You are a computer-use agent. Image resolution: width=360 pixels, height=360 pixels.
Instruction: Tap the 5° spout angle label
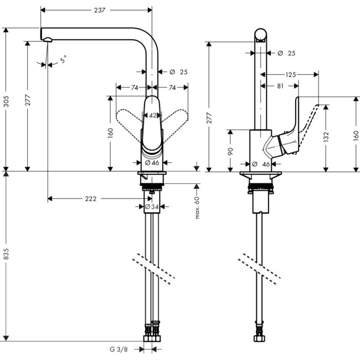tap(64, 59)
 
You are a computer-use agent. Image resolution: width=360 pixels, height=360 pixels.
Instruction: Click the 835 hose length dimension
tap(7, 254)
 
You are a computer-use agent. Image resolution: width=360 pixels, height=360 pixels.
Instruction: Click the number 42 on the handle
tap(153, 115)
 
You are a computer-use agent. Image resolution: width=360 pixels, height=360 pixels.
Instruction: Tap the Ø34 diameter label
tap(151, 207)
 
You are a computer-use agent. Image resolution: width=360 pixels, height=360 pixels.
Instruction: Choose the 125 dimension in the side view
tap(290, 74)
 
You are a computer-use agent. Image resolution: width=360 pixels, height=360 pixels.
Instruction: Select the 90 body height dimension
tap(230, 151)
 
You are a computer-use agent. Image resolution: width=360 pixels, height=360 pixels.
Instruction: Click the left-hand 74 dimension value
tap(135, 87)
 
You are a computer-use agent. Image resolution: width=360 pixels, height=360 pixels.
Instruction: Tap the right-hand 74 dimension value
tap(172, 87)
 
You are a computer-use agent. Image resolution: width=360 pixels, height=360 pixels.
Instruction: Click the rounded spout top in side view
tap(260, 34)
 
